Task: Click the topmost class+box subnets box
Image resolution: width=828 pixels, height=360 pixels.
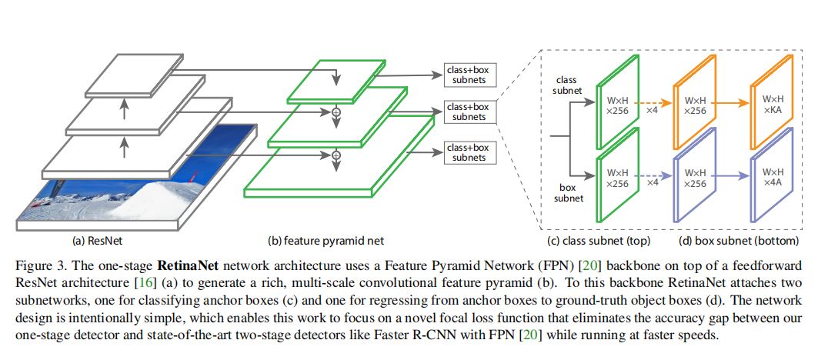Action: coord(469,75)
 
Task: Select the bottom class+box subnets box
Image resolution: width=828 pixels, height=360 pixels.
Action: coord(469,152)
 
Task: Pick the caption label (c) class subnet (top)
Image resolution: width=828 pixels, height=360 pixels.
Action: coord(606,240)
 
